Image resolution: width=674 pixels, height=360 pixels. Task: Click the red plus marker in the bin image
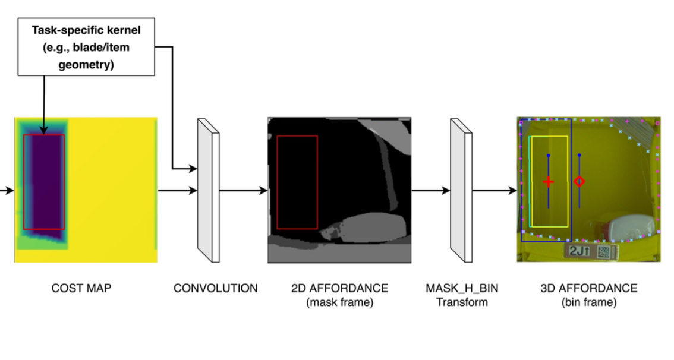(x=548, y=182)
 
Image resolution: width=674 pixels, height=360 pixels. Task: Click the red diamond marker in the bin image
(x=579, y=182)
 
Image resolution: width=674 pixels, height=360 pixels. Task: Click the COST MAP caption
(x=81, y=289)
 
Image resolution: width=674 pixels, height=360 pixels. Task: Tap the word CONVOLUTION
(x=215, y=289)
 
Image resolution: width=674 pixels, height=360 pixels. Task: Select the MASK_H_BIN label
(x=462, y=289)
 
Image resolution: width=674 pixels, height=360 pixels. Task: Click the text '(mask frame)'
(x=339, y=302)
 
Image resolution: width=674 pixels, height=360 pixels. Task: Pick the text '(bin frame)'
(x=589, y=302)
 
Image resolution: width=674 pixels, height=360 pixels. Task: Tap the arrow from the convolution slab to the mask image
(x=244, y=191)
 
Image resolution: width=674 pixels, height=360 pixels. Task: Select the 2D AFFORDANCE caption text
(x=339, y=289)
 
